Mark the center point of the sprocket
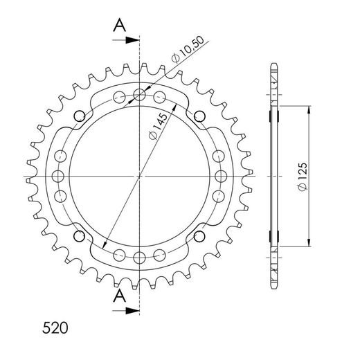pos(140,176)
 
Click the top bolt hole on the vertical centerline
pos(140,94)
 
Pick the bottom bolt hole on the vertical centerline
pos(140,258)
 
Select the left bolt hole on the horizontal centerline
pos(57,176)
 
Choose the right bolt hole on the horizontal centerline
pos(222,176)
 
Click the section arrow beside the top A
pos(128,41)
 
